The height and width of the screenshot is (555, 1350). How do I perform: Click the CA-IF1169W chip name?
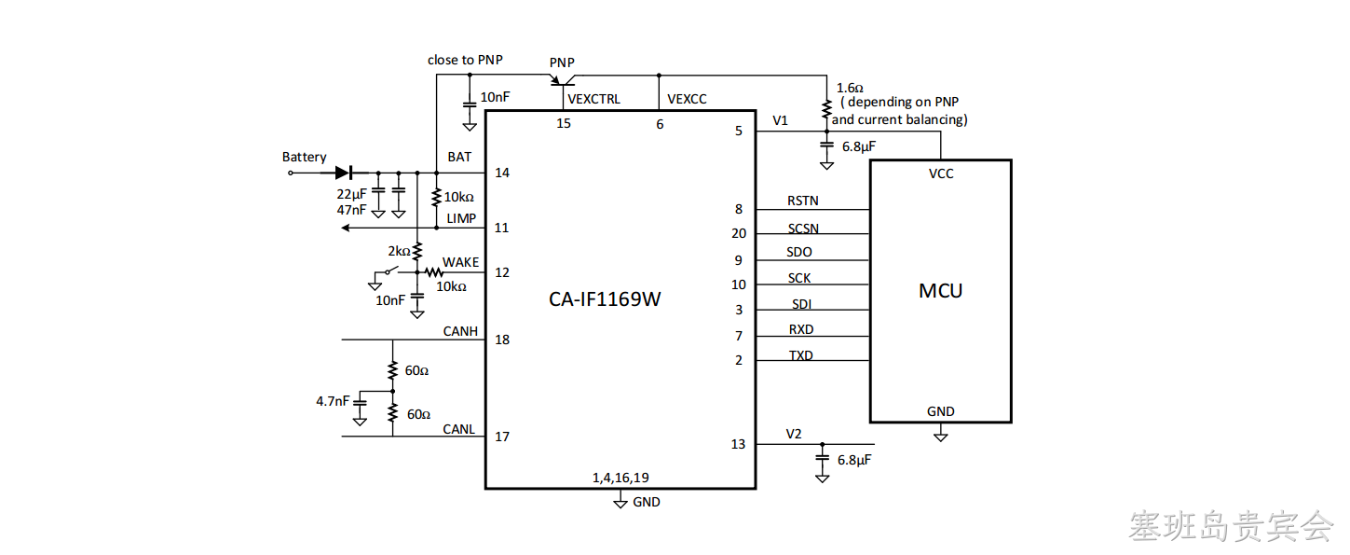(605, 299)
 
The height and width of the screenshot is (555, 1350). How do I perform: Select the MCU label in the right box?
(940, 291)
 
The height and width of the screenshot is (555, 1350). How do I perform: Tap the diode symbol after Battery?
(344, 173)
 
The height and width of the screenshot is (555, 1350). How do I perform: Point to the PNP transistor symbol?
(563, 79)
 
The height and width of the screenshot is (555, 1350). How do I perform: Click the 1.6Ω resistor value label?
(849, 88)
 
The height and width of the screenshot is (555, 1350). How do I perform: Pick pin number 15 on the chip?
(564, 124)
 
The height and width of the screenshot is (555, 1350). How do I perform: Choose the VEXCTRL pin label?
(593, 99)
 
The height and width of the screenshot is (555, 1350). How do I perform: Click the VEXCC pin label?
(687, 99)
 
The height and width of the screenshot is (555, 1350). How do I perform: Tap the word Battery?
(305, 157)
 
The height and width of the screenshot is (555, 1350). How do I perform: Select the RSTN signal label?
(803, 201)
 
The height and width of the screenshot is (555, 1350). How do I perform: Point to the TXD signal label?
(801, 355)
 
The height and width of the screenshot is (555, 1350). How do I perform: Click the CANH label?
(460, 331)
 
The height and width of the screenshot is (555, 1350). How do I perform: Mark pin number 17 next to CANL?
(502, 437)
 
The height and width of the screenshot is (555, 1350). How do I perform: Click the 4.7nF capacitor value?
(333, 401)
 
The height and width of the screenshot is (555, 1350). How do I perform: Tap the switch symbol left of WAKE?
(391, 271)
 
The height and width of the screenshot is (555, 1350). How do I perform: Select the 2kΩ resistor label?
(399, 251)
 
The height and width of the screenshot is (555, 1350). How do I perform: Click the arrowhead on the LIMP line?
(346, 228)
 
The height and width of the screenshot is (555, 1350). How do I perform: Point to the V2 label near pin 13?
(794, 435)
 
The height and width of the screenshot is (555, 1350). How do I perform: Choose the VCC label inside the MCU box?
(941, 173)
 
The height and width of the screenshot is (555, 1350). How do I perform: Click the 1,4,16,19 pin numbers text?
(620, 478)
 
